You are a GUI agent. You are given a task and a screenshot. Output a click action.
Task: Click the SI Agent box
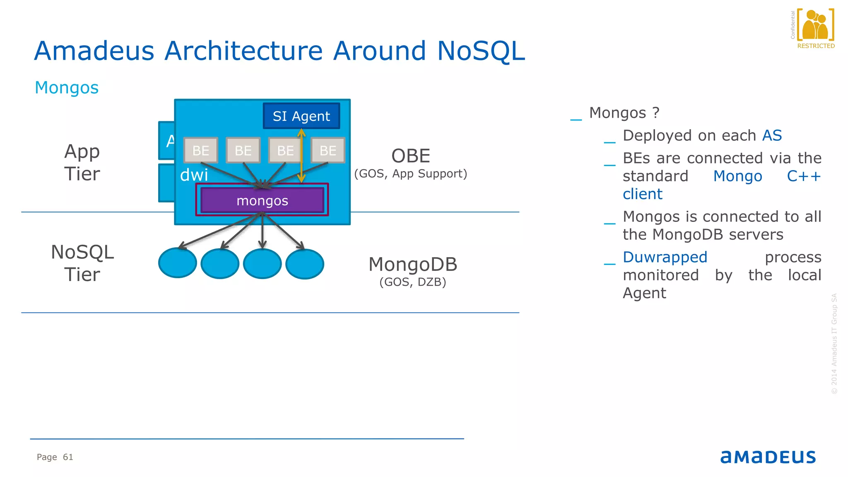pyautogui.click(x=301, y=116)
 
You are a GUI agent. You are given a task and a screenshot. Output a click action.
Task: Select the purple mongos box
pyautogui.click(x=262, y=201)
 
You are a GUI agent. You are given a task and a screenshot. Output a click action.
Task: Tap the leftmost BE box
pyautogui.click(x=201, y=150)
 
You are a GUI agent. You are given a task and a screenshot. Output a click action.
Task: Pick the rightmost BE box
pyautogui.click(x=328, y=150)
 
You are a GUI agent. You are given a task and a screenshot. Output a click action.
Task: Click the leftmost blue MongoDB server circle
pyautogui.click(x=178, y=263)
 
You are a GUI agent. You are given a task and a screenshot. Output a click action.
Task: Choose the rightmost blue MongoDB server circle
pyautogui.click(x=305, y=264)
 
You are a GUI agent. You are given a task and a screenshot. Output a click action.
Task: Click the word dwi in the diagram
pyautogui.click(x=194, y=175)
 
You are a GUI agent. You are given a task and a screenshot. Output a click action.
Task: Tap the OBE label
pyautogui.click(x=411, y=156)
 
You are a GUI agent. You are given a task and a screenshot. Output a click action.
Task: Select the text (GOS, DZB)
pyautogui.click(x=413, y=282)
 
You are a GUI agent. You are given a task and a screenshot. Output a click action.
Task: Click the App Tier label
pyautogui.click(x=82, y=162)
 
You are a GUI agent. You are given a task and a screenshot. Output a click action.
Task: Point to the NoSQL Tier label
pyautogui.click(x=82, y=263)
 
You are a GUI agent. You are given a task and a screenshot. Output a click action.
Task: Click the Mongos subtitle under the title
pyautogui.click(x=67, y=88)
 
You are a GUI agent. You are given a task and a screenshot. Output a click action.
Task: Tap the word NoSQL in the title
pyautogui.click(x=481, y=51)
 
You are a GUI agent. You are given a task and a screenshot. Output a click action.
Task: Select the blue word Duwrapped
pyautogui.click(x=665, y=257)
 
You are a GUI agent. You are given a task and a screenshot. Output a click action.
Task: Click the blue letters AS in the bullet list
pyautogui.click(x=772, y=135)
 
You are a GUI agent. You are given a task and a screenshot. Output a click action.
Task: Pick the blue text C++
pyautogui.click(x=804, y=176)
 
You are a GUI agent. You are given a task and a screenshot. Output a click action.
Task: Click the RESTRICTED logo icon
pyautogui.click(x=815, y=26)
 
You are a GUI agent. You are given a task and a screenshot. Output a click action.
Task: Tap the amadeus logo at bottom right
pyautogui.click(x=768, y=457)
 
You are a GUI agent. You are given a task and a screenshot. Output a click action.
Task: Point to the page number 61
pyautogui.click(x=68, y=457)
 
